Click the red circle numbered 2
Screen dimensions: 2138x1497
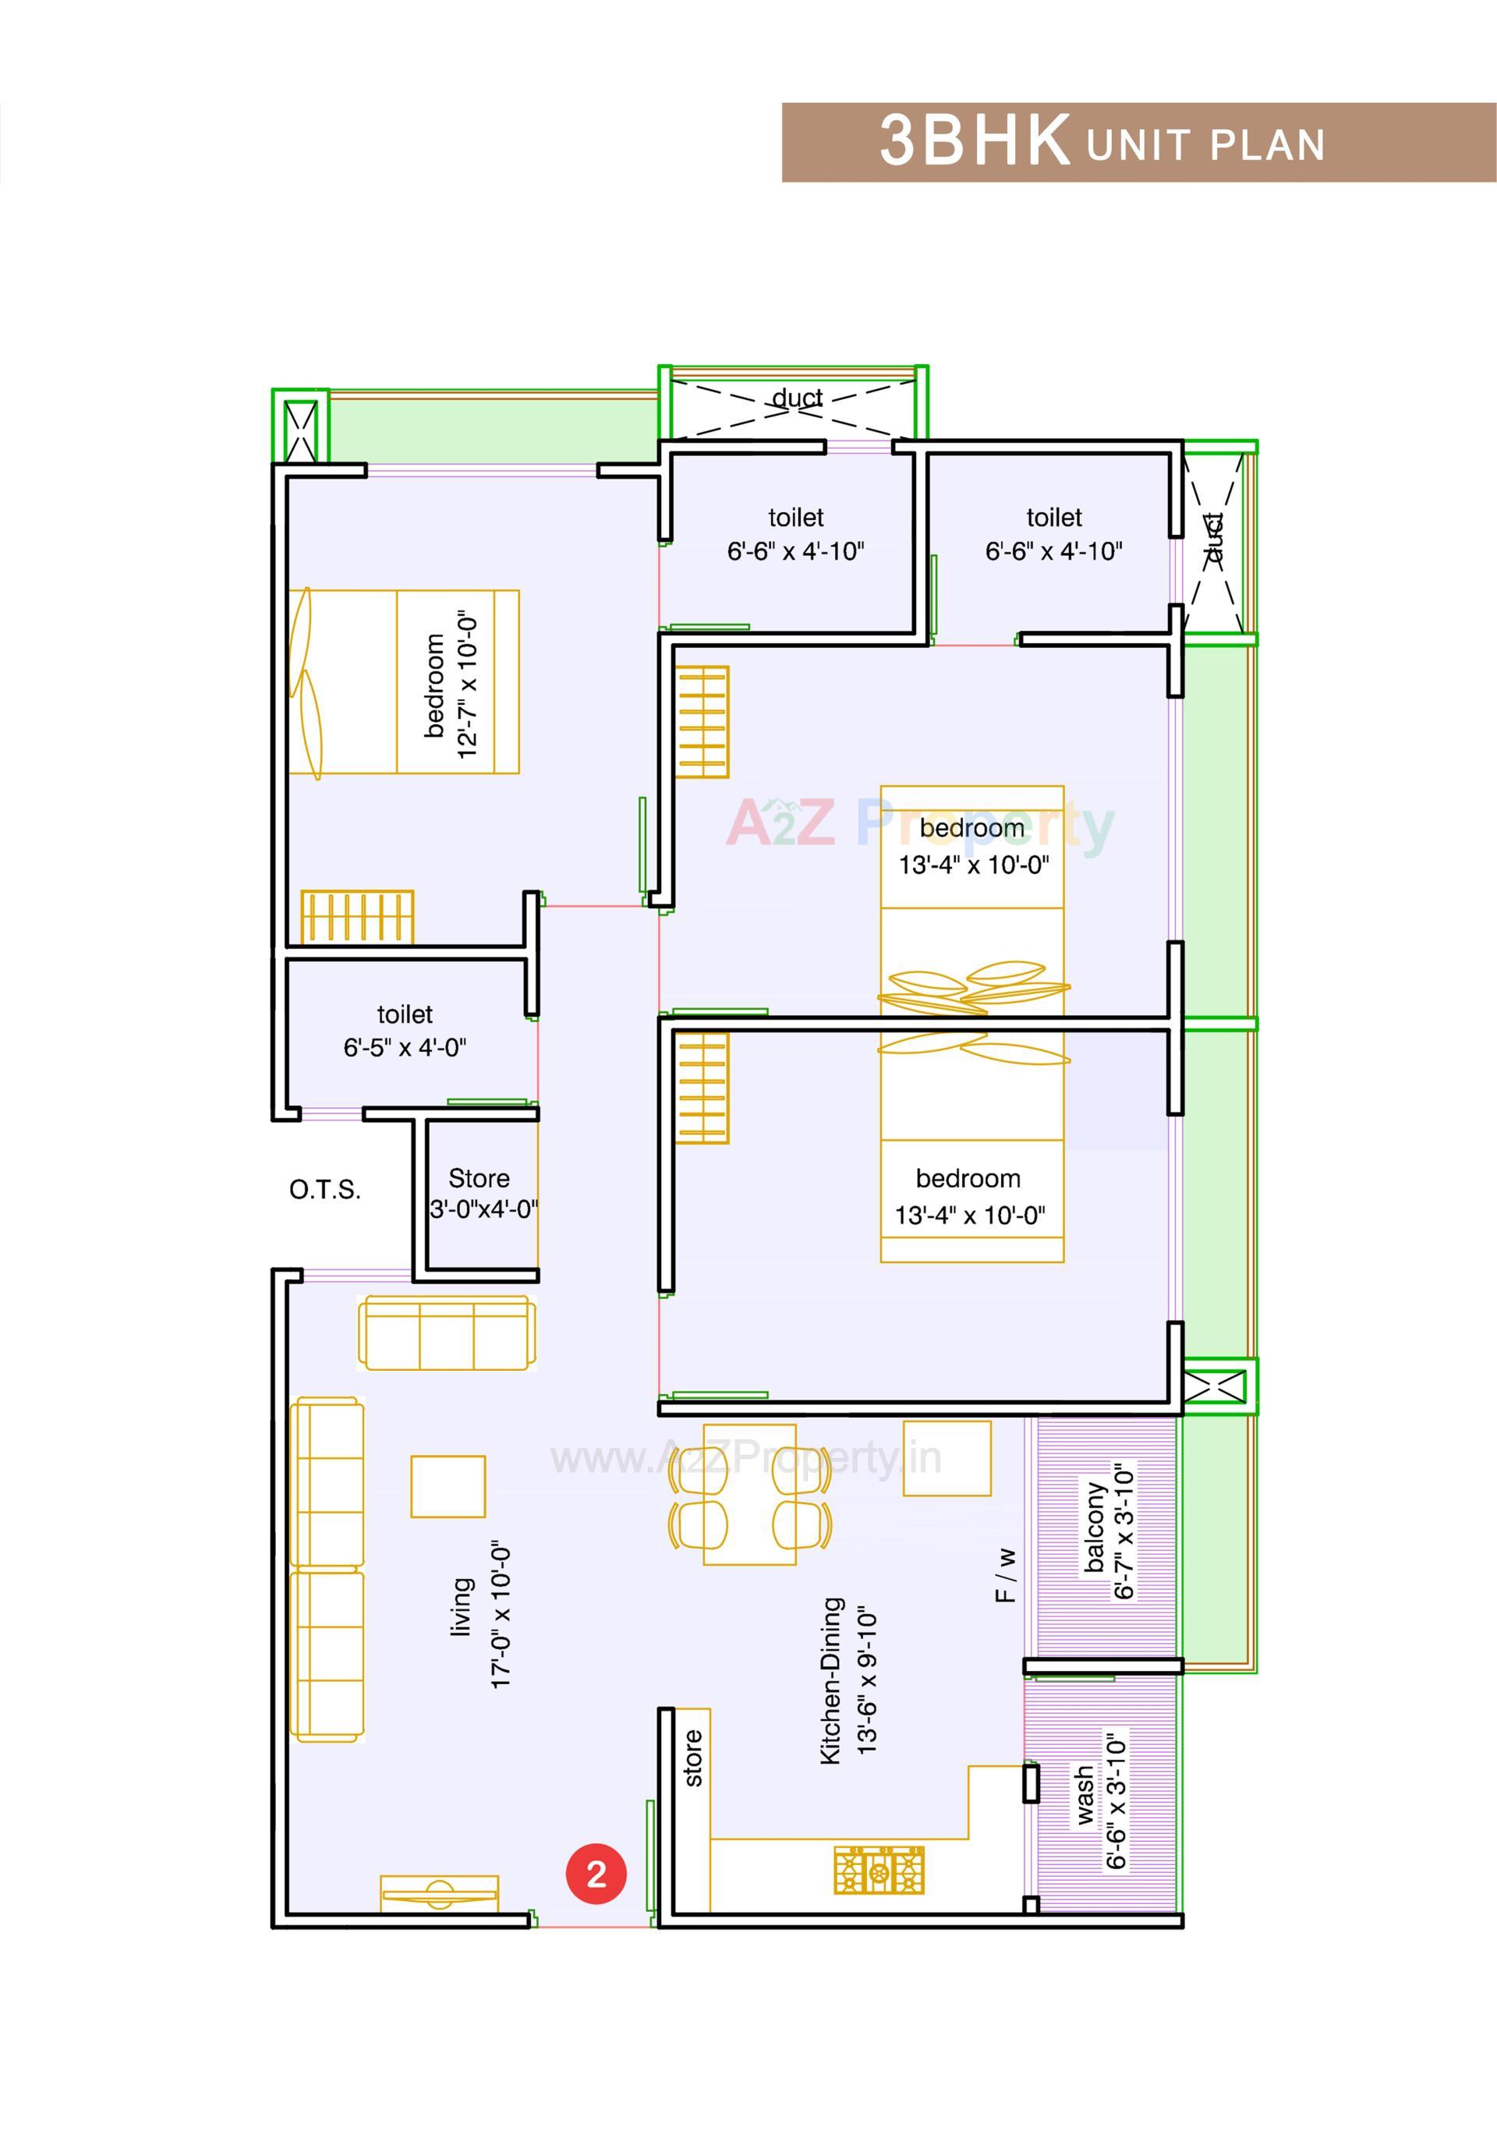click(596, 1873)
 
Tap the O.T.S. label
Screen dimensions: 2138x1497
click(325, 1189)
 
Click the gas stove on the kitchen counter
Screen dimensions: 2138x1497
click(879, 1870)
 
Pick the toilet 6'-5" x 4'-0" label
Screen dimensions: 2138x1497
click(404, 1031)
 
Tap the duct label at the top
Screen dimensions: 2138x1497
click(797, 398)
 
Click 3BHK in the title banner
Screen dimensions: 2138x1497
click(975, 142)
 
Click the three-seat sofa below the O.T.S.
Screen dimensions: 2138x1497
click(447, 1333)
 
